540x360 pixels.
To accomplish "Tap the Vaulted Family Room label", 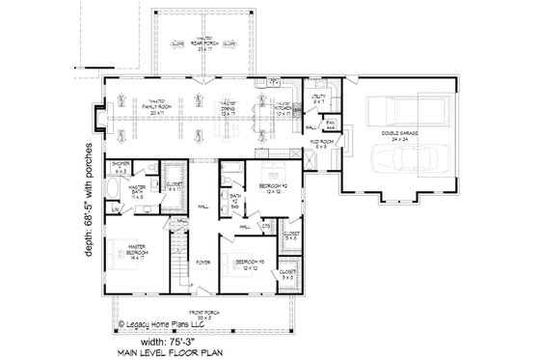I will tap(150, 107).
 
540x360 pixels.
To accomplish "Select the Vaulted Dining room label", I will tap(228, 107).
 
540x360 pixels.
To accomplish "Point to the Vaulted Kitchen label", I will tap(285, 107).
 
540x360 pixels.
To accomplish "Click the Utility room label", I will tap(319, 100).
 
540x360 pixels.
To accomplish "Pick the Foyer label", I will tap(203, 262).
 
